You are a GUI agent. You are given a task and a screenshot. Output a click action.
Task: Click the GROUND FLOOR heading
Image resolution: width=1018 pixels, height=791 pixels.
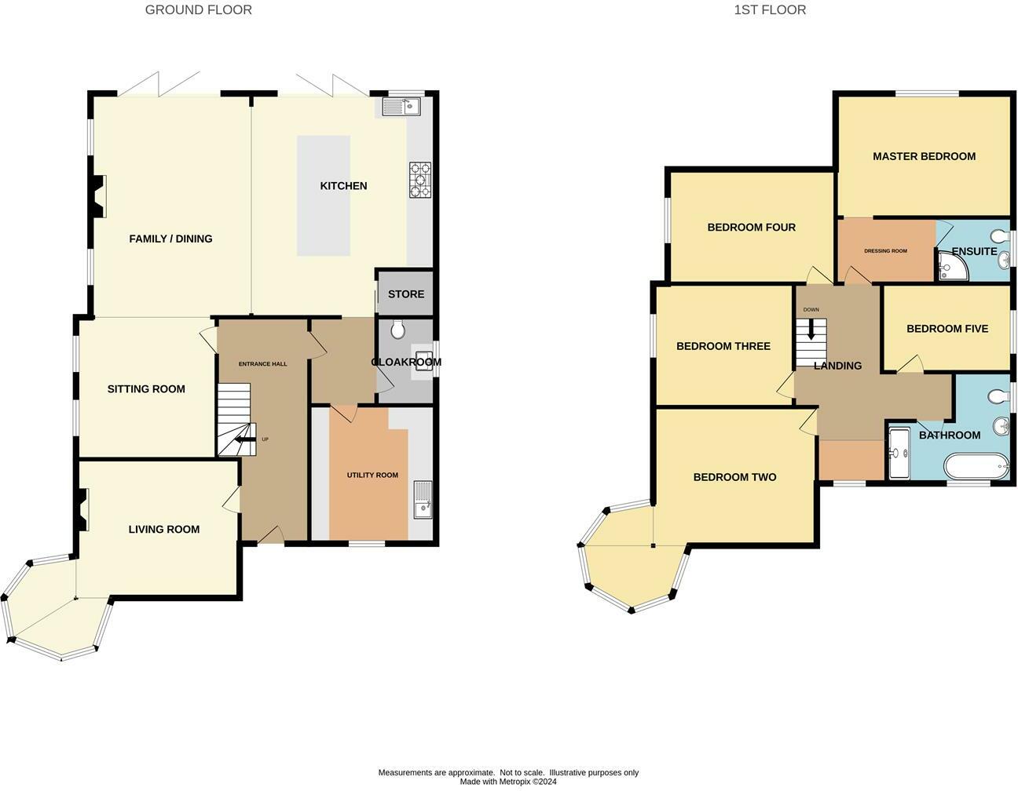click(199, 10)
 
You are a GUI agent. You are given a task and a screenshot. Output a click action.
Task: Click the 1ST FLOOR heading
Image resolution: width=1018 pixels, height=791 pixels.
click(770, 10)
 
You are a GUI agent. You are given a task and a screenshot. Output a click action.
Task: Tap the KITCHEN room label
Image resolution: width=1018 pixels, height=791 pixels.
click(343, 186)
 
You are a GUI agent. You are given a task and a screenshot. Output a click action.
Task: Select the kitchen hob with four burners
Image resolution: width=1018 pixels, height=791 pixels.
click(419, 179)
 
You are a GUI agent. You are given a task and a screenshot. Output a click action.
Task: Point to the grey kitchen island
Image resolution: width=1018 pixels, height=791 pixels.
click(323, 195)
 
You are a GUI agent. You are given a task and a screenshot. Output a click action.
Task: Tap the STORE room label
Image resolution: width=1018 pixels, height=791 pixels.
click(405, 294)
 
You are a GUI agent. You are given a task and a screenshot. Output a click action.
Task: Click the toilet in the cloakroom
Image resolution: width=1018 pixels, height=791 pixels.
click(397, 330)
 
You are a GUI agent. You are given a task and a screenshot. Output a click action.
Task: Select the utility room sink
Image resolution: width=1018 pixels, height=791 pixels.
click(423, 500)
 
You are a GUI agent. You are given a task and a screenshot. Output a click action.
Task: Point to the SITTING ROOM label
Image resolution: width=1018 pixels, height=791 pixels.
click(146, 389)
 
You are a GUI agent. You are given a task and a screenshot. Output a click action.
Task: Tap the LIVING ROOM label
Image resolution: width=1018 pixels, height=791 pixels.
click(163, 530)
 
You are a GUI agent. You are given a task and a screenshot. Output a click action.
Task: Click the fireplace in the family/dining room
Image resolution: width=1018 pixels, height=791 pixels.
click(96, 196)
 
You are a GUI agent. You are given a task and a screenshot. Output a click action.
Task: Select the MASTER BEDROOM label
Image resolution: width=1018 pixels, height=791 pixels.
click(924, 156)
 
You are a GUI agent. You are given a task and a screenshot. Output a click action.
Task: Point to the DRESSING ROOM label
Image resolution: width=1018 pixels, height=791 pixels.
click(885, 251)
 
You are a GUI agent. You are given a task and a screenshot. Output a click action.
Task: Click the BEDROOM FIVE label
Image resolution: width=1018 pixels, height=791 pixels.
click(947, 329)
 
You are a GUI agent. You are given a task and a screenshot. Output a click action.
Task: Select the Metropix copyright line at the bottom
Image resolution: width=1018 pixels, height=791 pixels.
click(508, 782)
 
